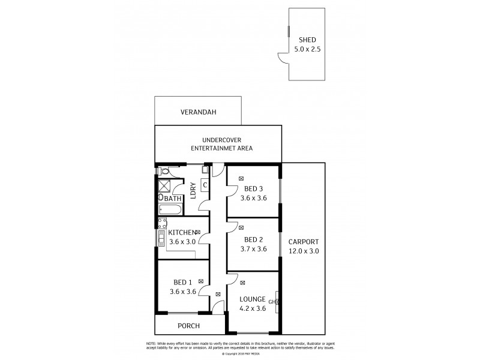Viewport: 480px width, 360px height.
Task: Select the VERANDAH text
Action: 198,112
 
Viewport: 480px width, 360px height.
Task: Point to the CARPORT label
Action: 303,242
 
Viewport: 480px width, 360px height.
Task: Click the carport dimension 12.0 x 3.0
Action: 303,251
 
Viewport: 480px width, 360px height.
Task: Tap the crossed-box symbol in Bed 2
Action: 241,228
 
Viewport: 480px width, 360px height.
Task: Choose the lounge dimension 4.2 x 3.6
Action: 253,310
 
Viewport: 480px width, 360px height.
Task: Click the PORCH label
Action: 188,326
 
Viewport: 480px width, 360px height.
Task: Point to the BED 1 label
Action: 182,283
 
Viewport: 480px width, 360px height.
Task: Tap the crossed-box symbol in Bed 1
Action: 200,281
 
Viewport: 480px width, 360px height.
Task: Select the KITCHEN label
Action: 181,233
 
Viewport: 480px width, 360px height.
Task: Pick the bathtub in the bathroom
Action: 170,209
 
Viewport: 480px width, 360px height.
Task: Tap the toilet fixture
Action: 163,171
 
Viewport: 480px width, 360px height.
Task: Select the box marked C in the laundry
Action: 205,187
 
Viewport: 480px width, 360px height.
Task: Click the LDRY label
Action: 193,190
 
